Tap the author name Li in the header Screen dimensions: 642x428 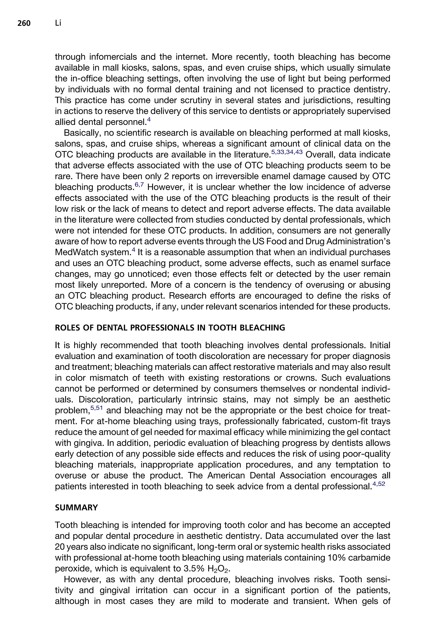click(58, 23)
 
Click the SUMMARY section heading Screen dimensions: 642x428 click(76, 507)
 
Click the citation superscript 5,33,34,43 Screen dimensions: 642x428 click(287, 152)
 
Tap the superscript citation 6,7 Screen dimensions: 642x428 click(139, 185)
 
